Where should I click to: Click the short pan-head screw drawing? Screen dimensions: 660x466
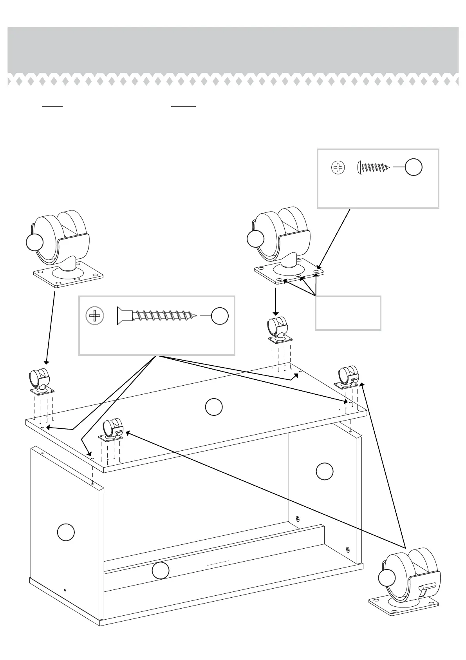(374, 168)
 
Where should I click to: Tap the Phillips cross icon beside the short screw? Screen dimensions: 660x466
(338, 168)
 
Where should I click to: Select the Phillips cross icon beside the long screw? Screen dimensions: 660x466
(95, 315)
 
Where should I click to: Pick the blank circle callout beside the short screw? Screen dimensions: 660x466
(414, 167)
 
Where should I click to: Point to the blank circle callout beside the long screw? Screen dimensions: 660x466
(220, 316)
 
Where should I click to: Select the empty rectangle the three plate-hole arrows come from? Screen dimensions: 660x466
(348, 313)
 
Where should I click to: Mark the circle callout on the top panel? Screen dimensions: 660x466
(214, 407)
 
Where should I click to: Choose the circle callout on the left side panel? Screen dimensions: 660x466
(66, 532)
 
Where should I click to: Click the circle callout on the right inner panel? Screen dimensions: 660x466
(324, 471)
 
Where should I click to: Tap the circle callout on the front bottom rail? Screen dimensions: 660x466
(161, 571)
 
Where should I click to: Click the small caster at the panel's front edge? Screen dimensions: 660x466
(112, 430)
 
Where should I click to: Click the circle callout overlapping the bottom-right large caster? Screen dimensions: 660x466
(387, 578)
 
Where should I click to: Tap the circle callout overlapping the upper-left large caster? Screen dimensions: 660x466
(34, 243)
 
